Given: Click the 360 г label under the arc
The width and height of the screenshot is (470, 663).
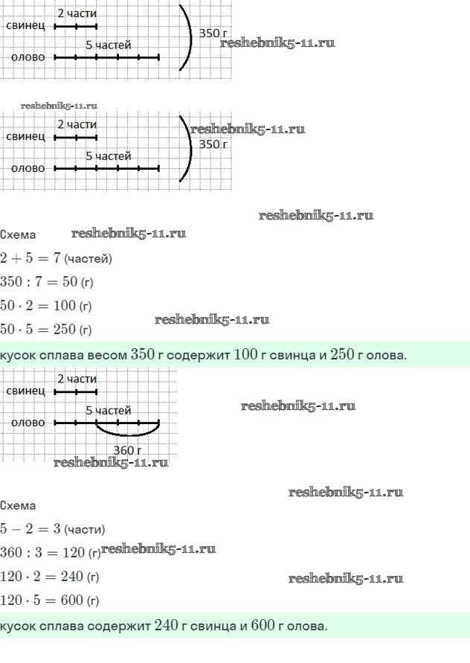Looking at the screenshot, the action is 127,450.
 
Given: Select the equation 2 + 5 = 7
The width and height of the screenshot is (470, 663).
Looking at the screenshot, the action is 30,257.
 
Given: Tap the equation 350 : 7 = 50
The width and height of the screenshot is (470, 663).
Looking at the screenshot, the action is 39,281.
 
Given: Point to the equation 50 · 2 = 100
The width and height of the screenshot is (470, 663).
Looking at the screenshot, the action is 38,305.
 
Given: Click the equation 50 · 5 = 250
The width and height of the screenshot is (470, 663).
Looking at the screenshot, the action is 38,329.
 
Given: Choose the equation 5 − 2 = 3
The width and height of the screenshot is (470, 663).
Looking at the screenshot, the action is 30,528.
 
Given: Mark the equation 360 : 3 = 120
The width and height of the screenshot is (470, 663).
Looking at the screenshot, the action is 42,552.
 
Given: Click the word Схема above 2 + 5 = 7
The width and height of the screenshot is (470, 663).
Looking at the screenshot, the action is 18,234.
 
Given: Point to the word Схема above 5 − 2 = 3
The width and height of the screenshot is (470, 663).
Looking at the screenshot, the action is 18,506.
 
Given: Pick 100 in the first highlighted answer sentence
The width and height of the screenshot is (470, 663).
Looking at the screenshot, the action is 245,354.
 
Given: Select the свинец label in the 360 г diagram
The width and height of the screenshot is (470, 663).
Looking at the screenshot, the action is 25,391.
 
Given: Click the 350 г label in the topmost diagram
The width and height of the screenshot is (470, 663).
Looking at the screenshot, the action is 213,33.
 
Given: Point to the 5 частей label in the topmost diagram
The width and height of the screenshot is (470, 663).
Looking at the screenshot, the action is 109,45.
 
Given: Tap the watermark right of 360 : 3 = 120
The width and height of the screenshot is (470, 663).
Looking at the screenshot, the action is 158,549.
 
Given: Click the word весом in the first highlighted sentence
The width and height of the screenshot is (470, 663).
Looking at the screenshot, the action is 107,355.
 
